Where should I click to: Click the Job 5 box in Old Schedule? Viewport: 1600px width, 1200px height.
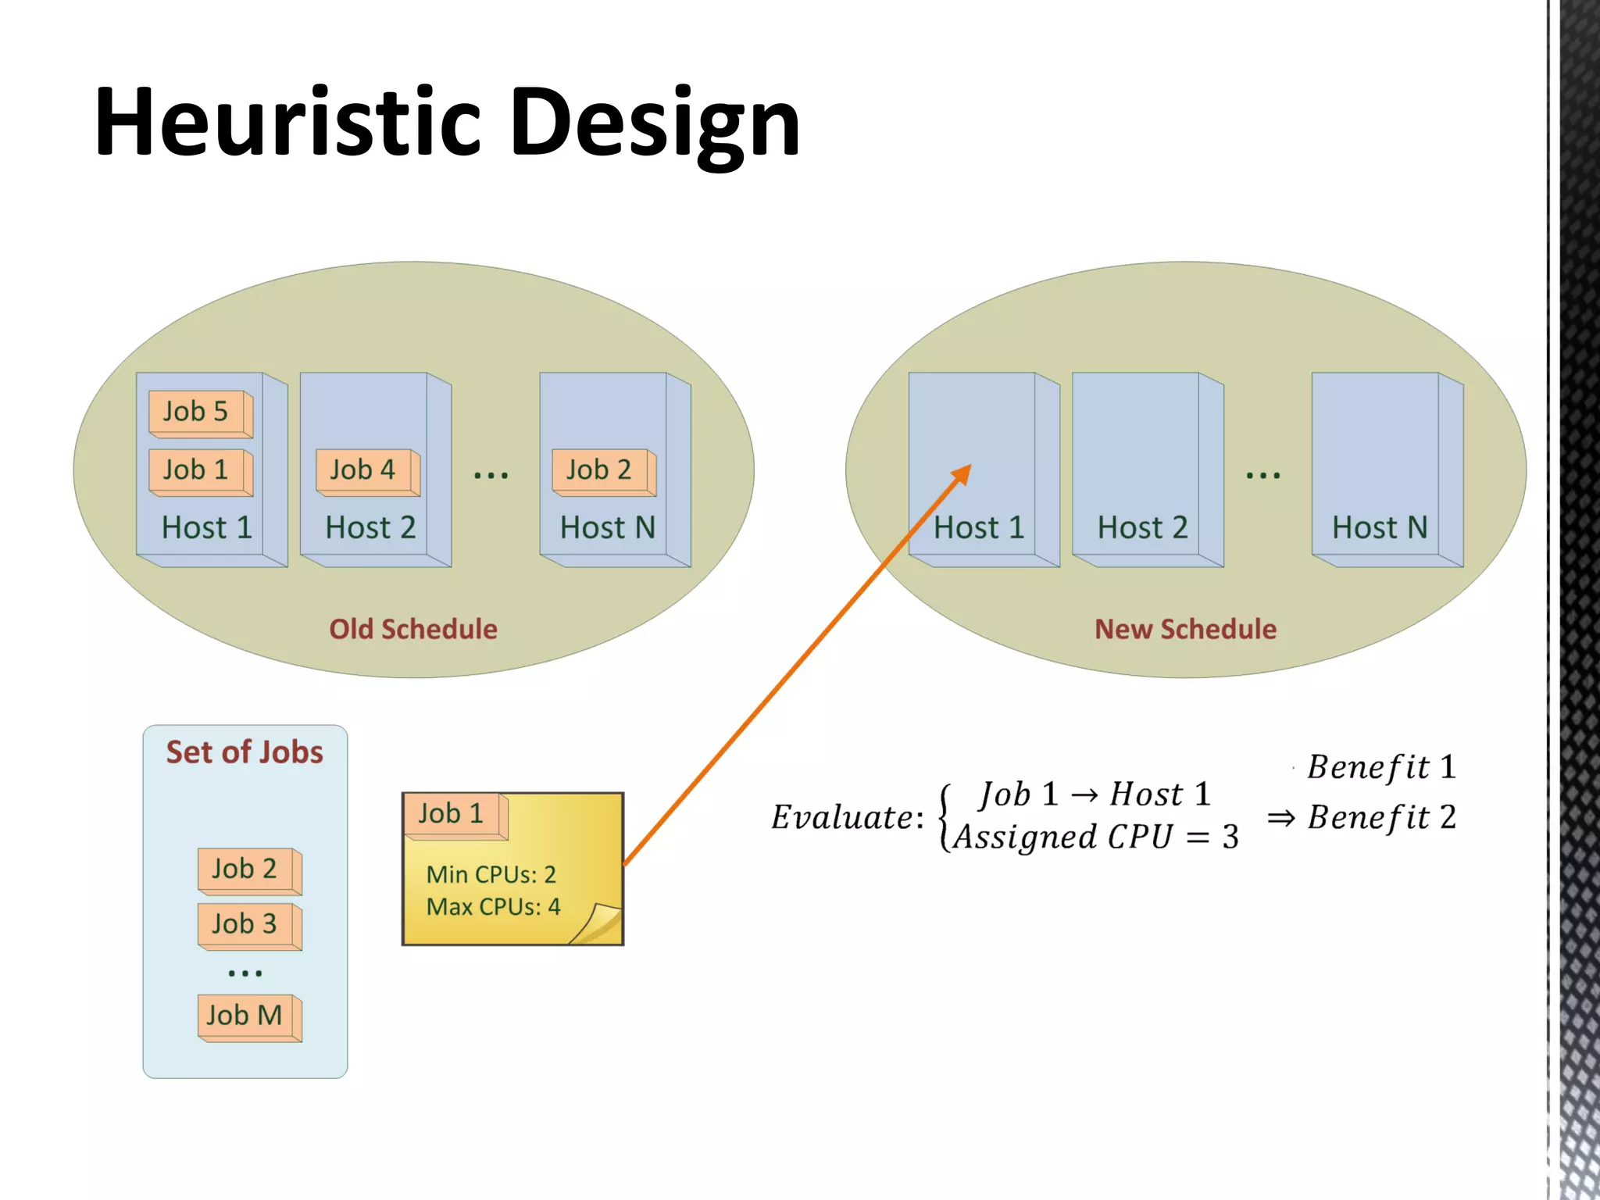197,412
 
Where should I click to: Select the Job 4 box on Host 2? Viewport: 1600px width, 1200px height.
363,470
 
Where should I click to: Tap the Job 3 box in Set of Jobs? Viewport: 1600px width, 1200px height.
246,924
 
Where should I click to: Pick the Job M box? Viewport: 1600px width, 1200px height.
246,1016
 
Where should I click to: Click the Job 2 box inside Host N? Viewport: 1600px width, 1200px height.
600,470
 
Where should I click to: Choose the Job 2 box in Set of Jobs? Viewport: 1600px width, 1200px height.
246,869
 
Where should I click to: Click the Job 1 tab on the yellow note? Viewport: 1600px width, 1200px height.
452,814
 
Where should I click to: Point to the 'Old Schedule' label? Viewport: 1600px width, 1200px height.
413,629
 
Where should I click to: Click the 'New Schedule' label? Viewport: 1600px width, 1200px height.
1185,629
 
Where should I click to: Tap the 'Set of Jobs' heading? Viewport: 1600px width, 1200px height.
245,752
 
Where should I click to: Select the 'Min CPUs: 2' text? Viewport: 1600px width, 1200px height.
491,874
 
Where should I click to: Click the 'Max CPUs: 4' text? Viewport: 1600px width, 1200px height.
494,907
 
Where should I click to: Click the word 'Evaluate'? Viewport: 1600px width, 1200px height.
842,817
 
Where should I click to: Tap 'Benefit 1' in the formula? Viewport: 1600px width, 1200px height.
1381,767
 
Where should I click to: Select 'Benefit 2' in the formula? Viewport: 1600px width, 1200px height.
1381,817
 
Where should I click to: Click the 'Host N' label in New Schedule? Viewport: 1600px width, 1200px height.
1380,528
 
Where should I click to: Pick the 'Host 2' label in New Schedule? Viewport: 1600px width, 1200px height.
1142,528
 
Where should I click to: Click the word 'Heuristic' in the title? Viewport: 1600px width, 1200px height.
287,123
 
